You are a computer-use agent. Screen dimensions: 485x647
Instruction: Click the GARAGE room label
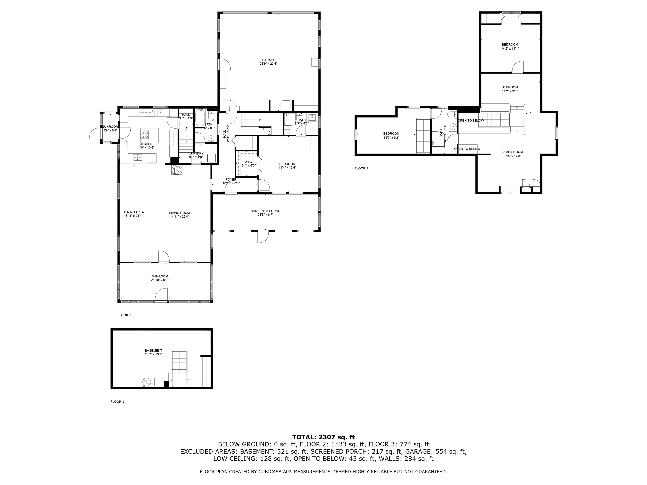[x=268, y=60]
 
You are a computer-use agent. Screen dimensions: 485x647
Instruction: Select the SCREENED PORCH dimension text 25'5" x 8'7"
[x=265, y=215]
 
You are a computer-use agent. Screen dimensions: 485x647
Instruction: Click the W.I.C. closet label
[x=249, y=162]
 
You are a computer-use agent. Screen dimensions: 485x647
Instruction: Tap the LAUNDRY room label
[x=196, y=153]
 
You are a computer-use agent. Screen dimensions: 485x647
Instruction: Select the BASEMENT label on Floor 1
[x=153, y=350]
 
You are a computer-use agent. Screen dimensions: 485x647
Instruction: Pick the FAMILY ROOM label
[x=512, y=152]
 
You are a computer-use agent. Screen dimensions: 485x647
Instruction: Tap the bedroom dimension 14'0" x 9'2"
[x=391, y=138]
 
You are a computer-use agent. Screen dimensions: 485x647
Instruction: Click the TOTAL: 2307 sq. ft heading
[x=323, y=437]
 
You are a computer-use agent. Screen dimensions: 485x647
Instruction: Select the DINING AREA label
[x=134, y=212]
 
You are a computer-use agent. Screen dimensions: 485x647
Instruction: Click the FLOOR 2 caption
[x=124, y=315]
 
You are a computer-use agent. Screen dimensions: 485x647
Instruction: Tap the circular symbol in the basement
[x=146, y=382]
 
